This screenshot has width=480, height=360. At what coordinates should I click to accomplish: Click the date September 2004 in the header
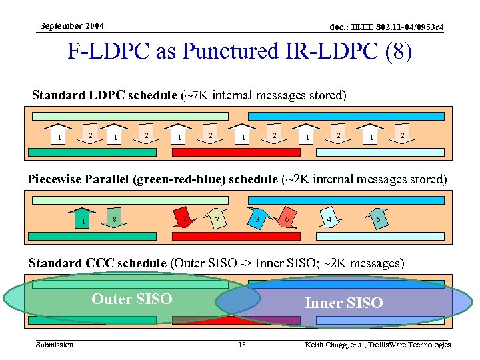coord(71,26)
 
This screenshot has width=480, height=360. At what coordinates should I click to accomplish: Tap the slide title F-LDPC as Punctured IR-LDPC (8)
coord(240,52)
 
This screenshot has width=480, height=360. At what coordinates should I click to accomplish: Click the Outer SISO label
coord(131,299)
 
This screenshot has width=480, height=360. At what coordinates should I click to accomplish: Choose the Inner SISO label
coord(343,303)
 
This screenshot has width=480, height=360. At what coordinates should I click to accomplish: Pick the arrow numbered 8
coord(116,217)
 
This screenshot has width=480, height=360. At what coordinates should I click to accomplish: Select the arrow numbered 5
coord(378,218)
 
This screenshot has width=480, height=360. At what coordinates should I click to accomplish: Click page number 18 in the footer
coord(242,345)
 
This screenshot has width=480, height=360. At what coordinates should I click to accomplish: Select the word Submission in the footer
coord(55,344)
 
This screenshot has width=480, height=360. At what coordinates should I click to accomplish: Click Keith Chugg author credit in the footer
coord(377,345)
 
